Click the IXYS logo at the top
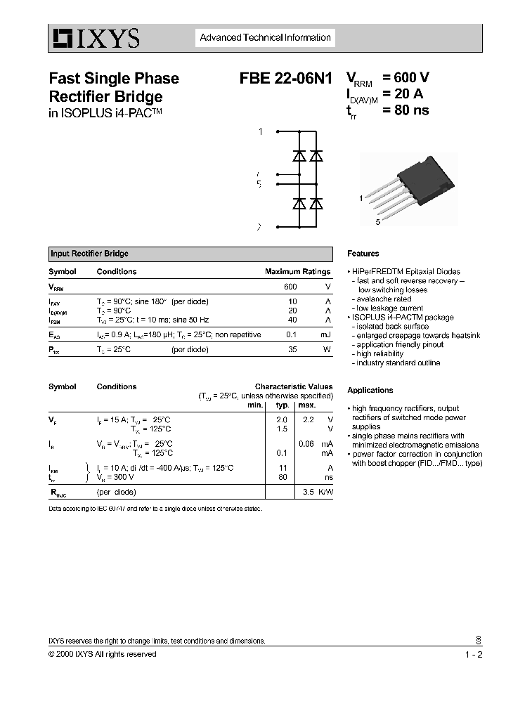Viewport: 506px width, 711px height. pos(94,38)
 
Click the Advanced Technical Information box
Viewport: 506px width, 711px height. pos(265,38)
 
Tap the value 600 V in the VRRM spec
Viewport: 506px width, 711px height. pos(406,78)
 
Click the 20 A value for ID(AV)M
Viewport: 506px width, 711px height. pos(403,94)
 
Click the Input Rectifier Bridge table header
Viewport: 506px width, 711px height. pos(89,254)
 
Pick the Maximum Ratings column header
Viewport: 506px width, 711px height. pos(297,272)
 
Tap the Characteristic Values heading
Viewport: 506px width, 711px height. pos(294,386)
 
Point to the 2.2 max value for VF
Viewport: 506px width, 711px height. pos(307,419)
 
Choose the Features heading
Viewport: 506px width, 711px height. pos(363,254)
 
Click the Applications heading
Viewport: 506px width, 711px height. pos(370,390)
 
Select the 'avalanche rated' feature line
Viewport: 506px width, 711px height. pos(384,299)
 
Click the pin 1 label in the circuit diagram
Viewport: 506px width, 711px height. pos(260,131)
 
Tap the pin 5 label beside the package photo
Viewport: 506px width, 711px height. pos(377,222)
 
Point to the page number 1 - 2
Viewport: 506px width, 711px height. pos(473,654)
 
